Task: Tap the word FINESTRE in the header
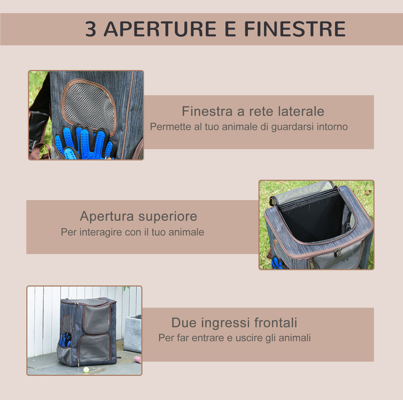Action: (295, 29)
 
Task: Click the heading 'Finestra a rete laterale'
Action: (253, 111)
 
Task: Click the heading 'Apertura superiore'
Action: (138, 216)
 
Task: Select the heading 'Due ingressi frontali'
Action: (234, 323)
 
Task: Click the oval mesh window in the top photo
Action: (90, 105)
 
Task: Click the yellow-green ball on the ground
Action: (86, 369)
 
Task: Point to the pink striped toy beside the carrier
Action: (137, 359)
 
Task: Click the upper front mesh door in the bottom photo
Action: (97, 318)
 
